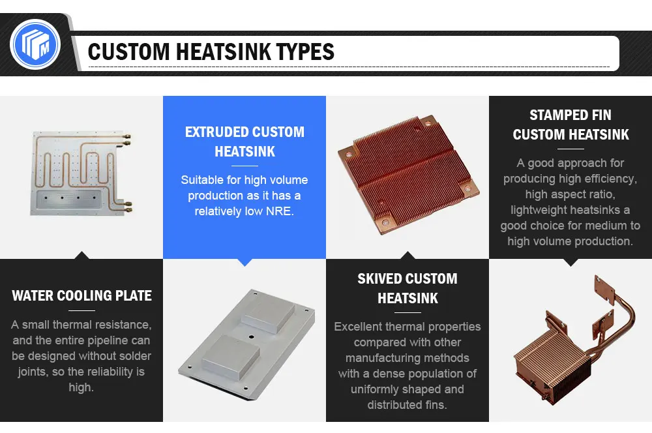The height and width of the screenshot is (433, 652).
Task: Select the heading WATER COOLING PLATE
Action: (81, 295)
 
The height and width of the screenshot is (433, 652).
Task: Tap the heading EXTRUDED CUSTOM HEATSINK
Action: (244, 142)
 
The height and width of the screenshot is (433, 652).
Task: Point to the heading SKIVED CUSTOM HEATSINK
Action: (407, 288)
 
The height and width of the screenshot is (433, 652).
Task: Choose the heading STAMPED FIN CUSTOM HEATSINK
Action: (570, 125)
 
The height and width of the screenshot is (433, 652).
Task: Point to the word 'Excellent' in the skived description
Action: (359, 326)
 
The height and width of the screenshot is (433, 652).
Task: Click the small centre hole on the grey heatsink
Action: (250, 337)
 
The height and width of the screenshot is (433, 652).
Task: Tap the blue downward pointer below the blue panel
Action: (244, 261)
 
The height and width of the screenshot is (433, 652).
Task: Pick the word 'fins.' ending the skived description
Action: (434, 405)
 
